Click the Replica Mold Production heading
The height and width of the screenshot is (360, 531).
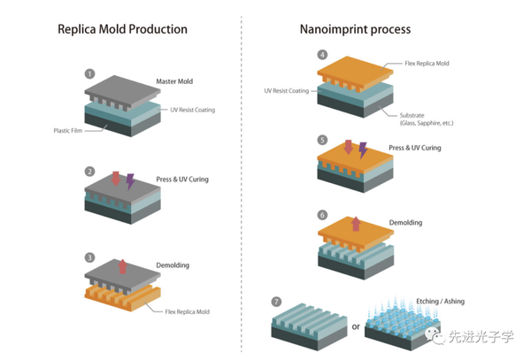122,29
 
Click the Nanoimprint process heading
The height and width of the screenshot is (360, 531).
355,29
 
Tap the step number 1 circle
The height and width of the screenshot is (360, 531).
89,73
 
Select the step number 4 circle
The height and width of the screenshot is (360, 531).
322,55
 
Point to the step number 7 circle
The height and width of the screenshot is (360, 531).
276,302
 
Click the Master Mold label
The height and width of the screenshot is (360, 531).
174,81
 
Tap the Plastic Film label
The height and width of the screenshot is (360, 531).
68,131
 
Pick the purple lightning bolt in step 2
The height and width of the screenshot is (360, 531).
130,181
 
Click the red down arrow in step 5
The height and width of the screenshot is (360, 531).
348,147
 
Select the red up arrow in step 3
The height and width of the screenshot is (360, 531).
123,266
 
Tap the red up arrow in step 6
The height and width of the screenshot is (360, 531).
356,224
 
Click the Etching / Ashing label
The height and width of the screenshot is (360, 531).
440,301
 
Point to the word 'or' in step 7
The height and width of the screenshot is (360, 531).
356,327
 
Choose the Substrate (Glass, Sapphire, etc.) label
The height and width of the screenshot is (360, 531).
427,119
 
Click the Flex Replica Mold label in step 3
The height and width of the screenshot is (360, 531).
188,311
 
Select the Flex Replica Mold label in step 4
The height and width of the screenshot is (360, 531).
427,64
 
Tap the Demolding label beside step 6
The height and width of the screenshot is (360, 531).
405,223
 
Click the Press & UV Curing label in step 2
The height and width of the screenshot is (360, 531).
182,180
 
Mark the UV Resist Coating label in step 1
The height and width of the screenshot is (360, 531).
192,110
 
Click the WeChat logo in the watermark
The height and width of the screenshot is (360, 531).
435,335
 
